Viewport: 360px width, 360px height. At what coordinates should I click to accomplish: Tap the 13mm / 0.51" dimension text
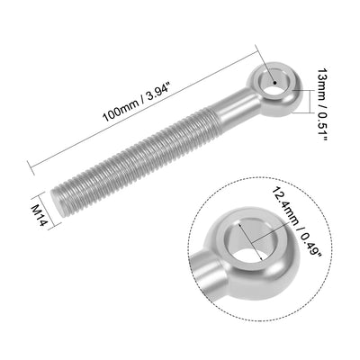pos(323,104)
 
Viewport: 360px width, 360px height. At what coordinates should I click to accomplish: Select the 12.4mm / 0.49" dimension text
pos(296,222)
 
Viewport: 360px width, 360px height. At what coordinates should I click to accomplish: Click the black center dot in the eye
pos(274,83)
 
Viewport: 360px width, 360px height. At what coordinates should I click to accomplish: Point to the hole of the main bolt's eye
pos(274,82)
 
